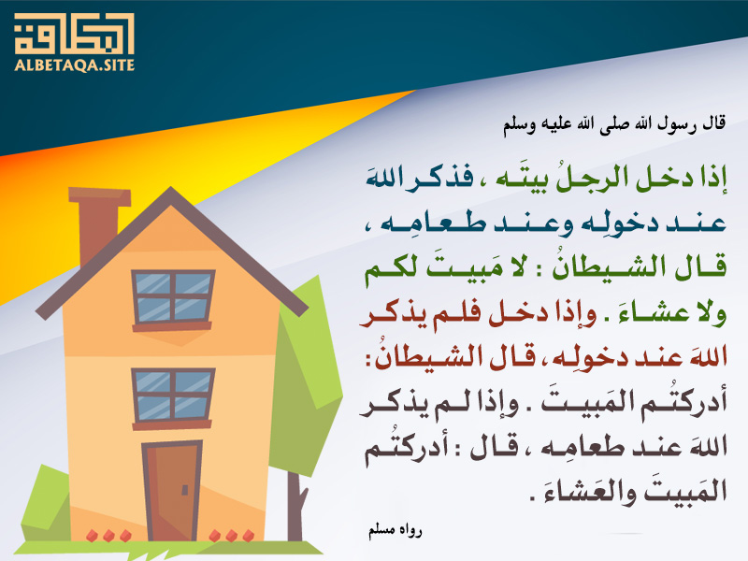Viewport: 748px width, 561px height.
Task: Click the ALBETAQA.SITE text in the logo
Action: click(75, 65)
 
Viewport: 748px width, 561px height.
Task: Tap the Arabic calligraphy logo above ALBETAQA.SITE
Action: click(75, 34)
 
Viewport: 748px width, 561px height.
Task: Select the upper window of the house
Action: click(173, 299)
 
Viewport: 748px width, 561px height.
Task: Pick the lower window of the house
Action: click(173, 398)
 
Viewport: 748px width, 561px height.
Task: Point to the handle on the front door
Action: click(184, 489)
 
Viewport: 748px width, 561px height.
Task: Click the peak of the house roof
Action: click(170, 189)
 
